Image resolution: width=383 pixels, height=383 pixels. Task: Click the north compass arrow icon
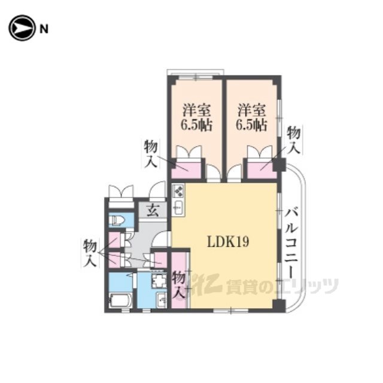tap(22, 28)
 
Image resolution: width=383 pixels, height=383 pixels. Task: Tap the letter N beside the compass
tap(44, 29)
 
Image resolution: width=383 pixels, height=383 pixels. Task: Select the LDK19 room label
tap(228, 242)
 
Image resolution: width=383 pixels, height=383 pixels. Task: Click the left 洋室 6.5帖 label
tap(197, 118)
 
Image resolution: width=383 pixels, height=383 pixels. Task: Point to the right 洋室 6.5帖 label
tap(251, 118)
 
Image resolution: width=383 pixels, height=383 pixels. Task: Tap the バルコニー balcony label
tap(292, 243)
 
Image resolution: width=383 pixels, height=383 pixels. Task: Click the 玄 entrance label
tap(153, 210)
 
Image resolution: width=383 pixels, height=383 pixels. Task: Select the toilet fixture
tap(117, 220)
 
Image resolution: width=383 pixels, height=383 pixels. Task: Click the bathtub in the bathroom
tap(120, 300)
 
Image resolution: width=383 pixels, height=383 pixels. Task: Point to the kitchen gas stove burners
tap(178, 191)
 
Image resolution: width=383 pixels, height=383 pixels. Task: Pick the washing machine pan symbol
tap(159, 281)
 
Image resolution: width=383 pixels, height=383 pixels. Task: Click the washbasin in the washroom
tap(162, 300)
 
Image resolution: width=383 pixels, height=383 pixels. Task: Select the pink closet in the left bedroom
tap(186, 169)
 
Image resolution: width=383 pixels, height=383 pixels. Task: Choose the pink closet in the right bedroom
tap(262, 169)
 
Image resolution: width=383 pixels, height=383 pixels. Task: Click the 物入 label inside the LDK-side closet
tap(179, 286)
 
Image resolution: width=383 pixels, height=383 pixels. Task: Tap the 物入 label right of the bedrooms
tap(293, 140)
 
